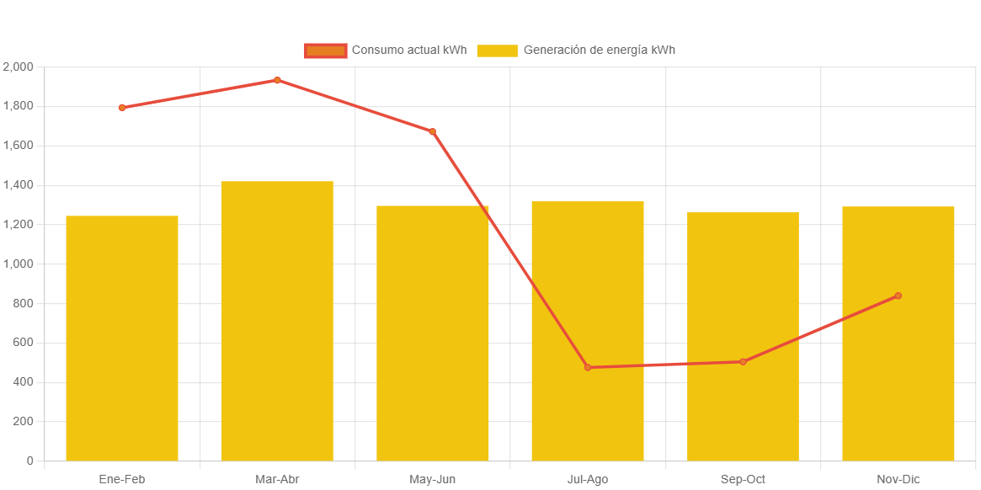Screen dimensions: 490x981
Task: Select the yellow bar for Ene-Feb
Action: [122, 338]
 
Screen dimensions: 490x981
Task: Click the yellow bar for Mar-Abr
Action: [277, 321]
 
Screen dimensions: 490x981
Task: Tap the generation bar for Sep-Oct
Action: [743, 336]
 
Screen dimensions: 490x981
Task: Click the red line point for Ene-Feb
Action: [122, 108]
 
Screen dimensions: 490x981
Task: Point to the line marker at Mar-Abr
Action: [277, 80]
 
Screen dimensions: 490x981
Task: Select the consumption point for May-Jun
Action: [433, 131]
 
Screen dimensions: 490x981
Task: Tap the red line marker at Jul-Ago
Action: [588, 368]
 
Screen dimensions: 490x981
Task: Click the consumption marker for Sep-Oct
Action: [743, 362]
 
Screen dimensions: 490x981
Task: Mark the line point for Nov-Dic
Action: [898, 296]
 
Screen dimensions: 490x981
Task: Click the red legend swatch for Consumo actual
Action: [325, 51]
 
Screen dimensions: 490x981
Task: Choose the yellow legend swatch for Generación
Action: [497, 51]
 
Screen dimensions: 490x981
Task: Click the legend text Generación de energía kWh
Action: [599, 50]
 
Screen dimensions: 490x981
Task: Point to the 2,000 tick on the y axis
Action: [18, 67]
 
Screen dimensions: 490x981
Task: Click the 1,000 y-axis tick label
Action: [18, 264]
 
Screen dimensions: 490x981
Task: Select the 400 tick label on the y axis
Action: [23, 382]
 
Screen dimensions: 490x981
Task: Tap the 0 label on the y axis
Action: [29, 461]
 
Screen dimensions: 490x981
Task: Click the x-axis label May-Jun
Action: [433, 479]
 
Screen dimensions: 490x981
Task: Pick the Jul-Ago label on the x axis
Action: [588, 479]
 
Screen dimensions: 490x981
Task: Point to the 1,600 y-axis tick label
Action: [18, 145]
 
